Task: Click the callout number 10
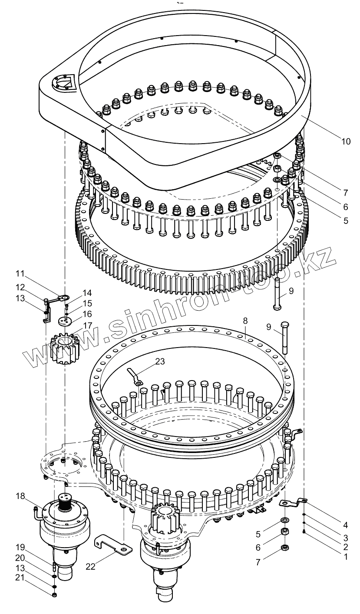pyautogui.click(x=346, y=141)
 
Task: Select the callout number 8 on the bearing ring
pyautogui.click(x=245, y=321)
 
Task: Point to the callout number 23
pyautogui.click(x=160, y=361)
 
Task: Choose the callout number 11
pyautogui.click(x=20, y=274)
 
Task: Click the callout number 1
pyautogui.click(x=346, y=556)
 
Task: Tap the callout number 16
pyautogui.click(x=88, y=313)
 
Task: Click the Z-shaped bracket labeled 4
pyautogui.click(x=292, y=503)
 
